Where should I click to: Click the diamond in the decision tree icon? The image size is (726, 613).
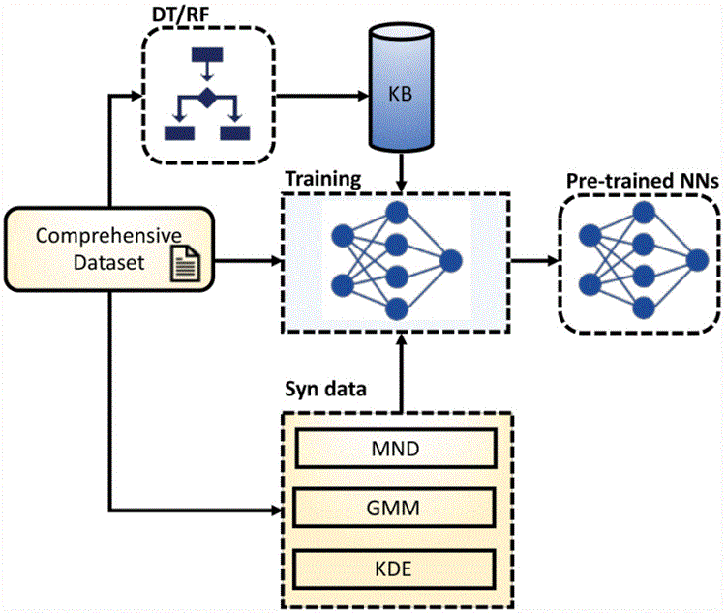(206, 97)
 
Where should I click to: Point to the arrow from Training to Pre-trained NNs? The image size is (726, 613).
(534, 259)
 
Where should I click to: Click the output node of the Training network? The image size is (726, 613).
(451, 259)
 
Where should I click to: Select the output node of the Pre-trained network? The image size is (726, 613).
(696, 258)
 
